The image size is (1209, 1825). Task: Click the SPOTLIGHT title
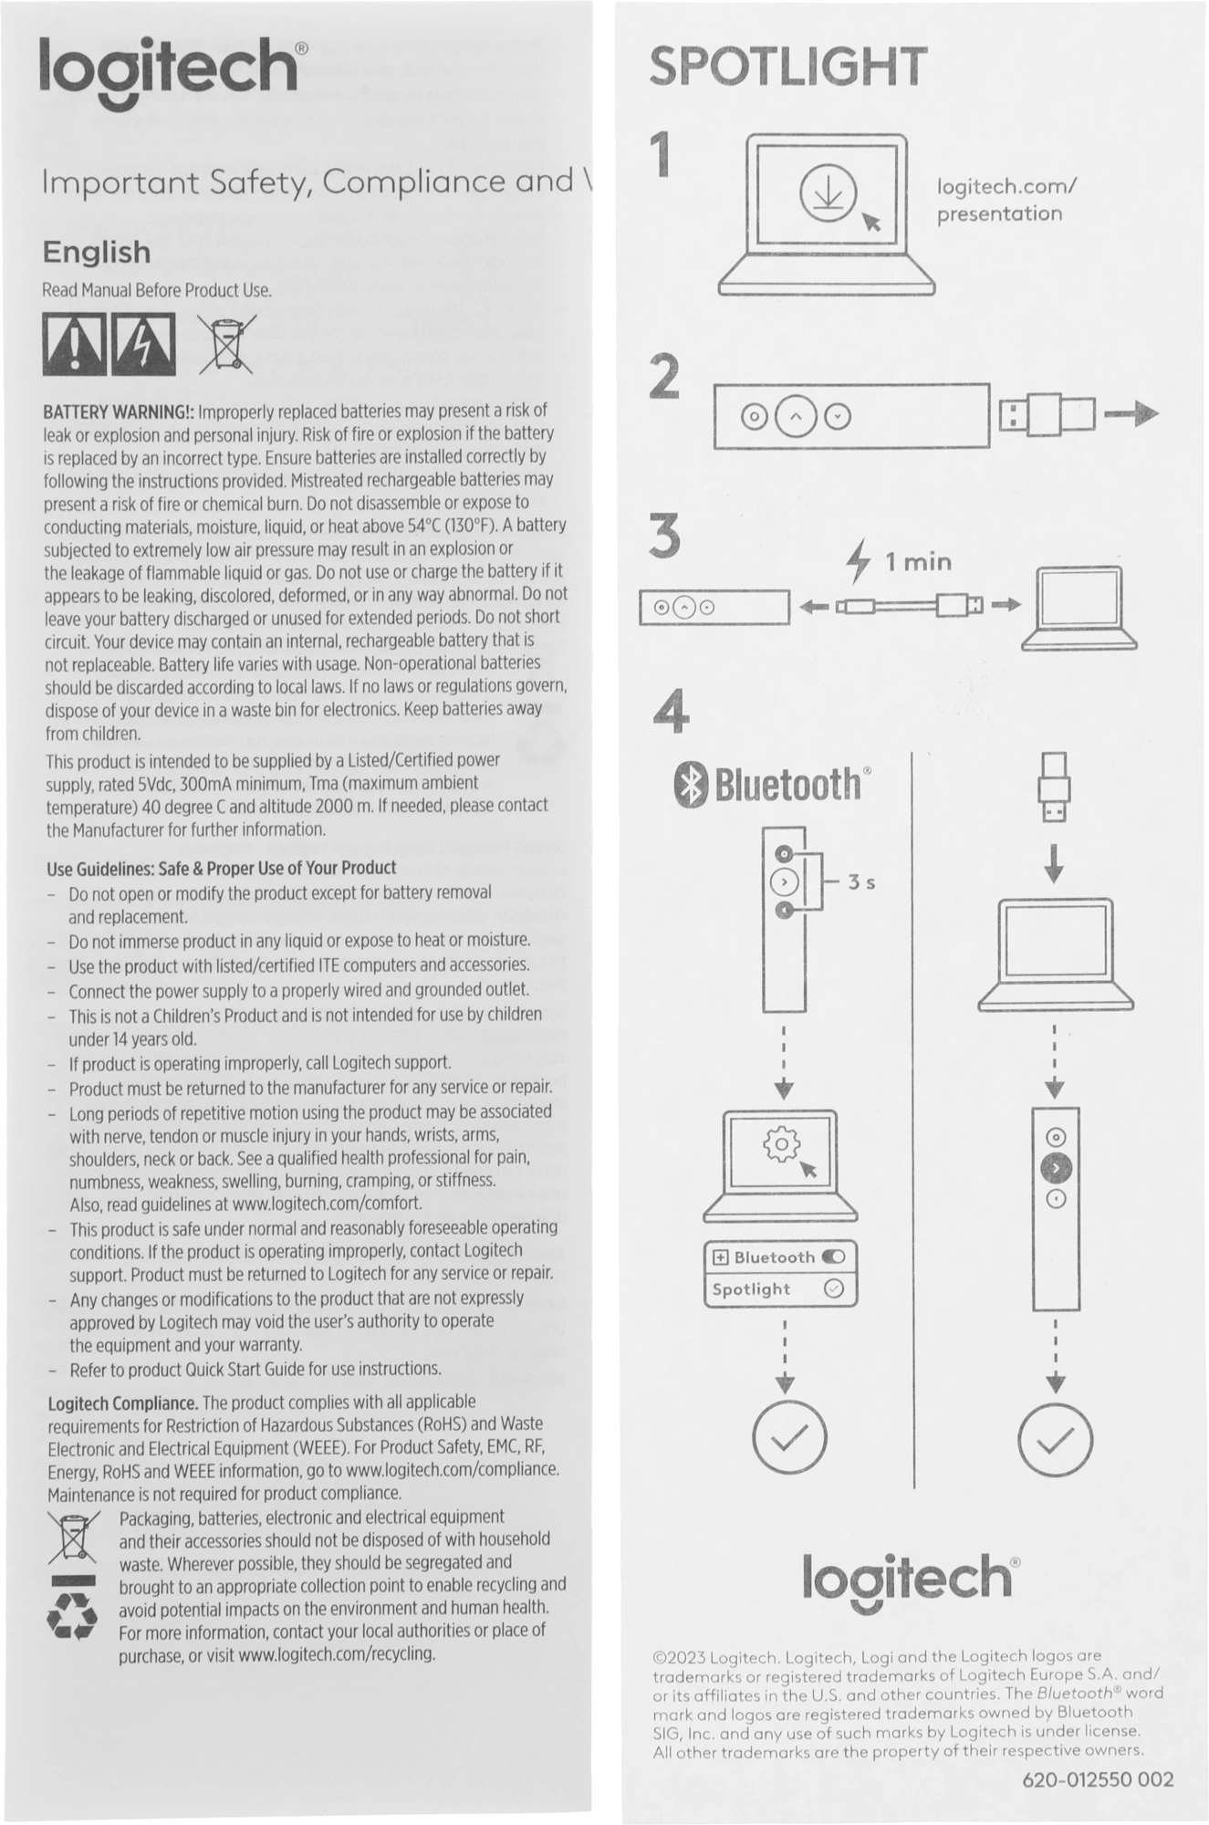pos(787,68)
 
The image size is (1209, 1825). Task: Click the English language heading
pos(96,252)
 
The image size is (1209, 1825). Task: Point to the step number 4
pos(672,712)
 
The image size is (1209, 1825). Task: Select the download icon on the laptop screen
pos(828,194)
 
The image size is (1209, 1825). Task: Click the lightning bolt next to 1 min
pos(858,561)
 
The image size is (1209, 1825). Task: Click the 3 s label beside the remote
pos(861,882)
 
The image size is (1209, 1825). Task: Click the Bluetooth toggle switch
pos(833,1257)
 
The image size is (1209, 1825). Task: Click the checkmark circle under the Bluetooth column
pos(789,1439)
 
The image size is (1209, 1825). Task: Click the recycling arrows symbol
pos(72,1617)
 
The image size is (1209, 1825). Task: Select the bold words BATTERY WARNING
pos(118,412)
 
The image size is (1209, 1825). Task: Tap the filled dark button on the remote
pos(1056,1168)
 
